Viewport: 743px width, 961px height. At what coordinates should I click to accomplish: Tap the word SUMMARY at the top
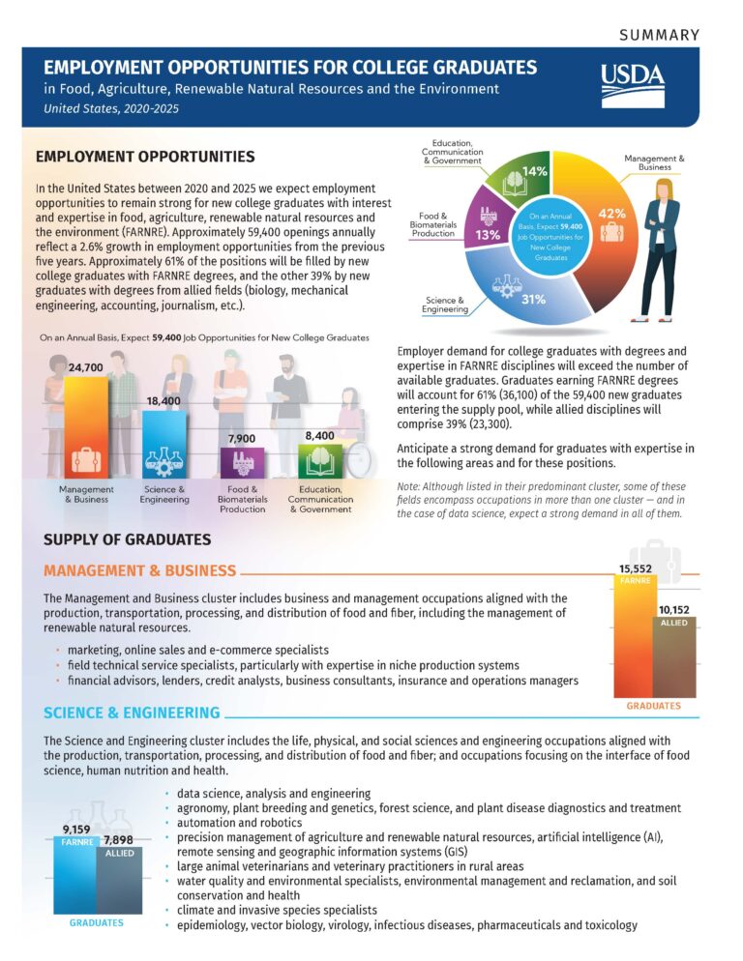click(x=658, y=35)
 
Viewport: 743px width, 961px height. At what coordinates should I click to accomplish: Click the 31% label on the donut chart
click(x=533, y=301)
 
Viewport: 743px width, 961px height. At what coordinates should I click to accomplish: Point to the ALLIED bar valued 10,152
click(x=674, y=657)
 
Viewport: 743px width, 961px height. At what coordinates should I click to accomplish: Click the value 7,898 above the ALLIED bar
click(x=119, y=830)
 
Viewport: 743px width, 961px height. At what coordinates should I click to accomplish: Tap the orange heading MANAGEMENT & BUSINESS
click(x=139, y=570)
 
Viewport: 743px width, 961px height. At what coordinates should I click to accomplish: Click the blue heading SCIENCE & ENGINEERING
click(x=132, y=713)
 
